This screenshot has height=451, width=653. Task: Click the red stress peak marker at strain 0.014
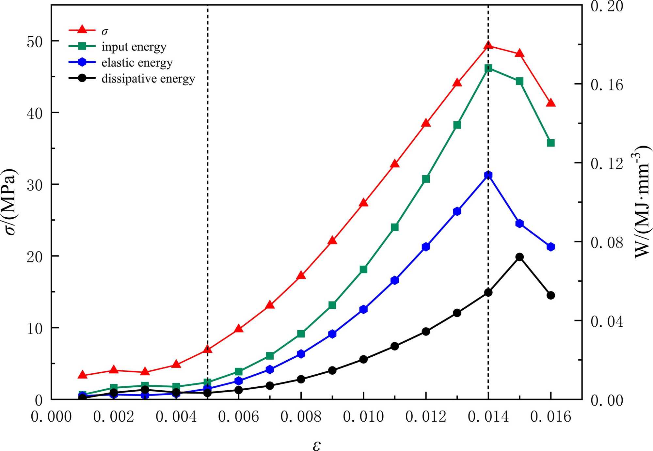point(488,45)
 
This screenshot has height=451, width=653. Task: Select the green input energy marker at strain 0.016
point(551,143)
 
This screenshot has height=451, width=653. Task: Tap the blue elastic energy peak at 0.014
point(488,175)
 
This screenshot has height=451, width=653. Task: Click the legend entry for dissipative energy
point(148,79)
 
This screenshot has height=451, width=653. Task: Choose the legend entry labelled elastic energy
point(137,63)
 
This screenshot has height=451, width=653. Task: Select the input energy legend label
point(134,47)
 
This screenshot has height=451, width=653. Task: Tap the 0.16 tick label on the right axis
point(607,85)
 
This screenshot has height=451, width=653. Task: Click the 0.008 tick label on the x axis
point(301,417)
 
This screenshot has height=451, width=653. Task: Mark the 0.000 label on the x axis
point(51,417)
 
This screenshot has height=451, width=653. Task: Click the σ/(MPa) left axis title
point(10,202)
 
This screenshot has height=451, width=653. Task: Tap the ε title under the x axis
point(316,445)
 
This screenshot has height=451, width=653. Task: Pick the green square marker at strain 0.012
point(426,179)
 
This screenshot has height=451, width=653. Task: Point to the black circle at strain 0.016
point(551,295)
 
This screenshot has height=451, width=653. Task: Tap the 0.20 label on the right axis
point(607,7)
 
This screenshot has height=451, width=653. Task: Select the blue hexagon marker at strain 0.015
point(519,224)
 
